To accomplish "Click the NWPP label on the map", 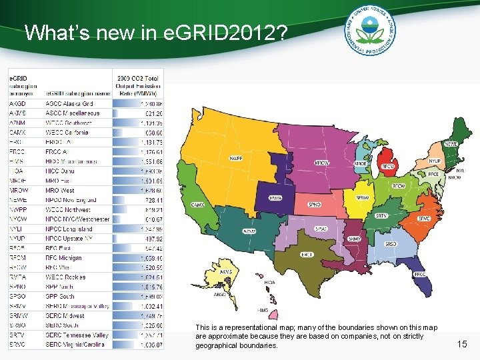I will pyautogui.click(x=235, y=159).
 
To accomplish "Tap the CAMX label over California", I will pyautogui.click(x=198, y=205).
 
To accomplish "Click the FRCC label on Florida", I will pyautogui.click(x=420, y=274).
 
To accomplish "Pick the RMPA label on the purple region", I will pyautogui.click(x=275, y=198).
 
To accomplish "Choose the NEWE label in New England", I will pyautogui.click(x=451, y=143).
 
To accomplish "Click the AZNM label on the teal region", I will pyautogui.click(x=249, y=231).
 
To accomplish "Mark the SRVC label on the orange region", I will pyautogui.click(x=424, y=219).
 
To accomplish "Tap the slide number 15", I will pyautogui.click(x=462, y=344).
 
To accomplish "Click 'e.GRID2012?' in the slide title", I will pyautogui.click(x=228, y=33).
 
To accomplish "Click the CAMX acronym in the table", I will pyautogui.click(x=18, y=133).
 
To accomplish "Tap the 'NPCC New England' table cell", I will pyautogui.click(x=71, y=200).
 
